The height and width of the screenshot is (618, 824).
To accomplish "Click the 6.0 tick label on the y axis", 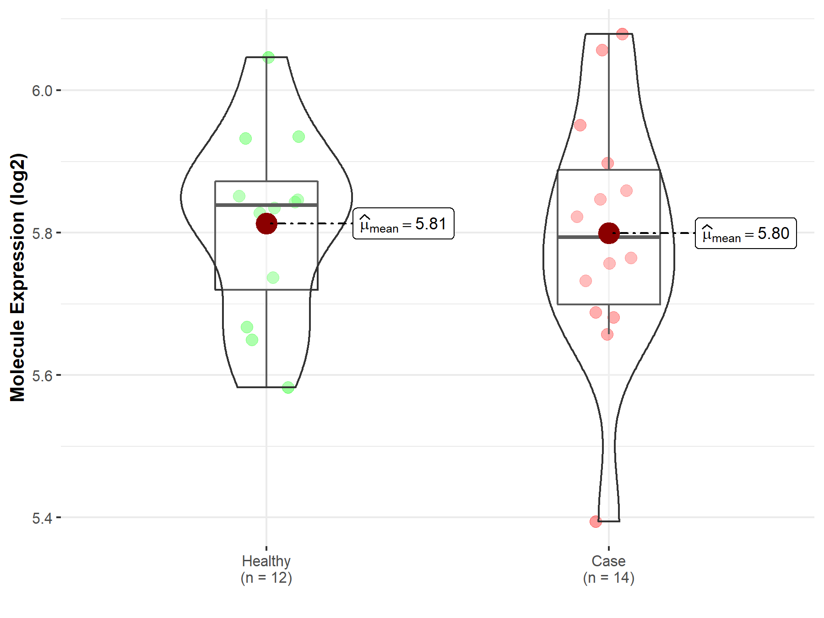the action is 42,91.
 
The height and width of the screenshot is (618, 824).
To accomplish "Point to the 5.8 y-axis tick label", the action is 42,233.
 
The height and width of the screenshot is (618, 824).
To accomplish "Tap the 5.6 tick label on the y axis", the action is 42,375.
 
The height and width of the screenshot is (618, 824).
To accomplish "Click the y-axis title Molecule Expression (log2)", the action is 17,277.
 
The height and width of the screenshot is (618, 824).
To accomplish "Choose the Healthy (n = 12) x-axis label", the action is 266,569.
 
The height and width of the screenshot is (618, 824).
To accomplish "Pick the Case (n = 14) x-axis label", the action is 608,569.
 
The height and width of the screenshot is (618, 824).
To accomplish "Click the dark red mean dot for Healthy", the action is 266,223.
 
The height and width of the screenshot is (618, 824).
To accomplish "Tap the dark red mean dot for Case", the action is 609,233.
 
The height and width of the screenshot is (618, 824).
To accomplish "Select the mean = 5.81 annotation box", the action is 403,223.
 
